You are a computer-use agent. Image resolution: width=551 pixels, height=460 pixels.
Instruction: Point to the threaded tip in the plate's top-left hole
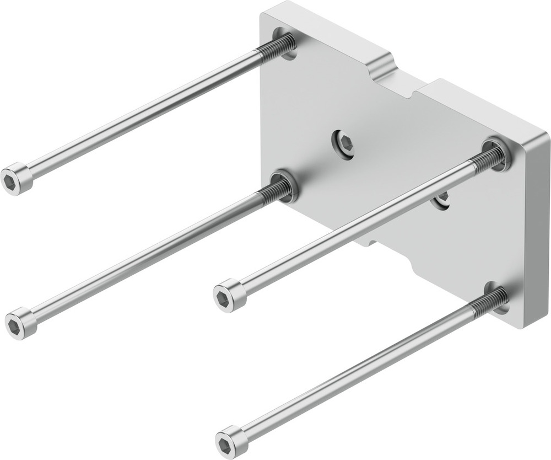[275, 47]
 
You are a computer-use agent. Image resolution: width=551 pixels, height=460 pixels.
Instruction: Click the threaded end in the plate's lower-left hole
[275, 191]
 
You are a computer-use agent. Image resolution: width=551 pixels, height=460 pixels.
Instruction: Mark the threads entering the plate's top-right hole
[487, 158]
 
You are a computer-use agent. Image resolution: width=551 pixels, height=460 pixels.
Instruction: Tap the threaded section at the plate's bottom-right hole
[489, 302]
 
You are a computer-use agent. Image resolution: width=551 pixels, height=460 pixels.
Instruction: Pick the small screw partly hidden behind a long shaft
[442, 200]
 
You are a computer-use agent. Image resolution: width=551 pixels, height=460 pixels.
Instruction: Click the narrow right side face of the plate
[537, 232]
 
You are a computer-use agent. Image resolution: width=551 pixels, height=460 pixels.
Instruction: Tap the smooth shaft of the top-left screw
[143, 113]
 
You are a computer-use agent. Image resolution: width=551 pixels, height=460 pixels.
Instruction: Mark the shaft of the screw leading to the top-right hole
[353, 227]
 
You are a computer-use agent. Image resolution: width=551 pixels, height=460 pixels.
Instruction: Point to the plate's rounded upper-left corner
[267, 14]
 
